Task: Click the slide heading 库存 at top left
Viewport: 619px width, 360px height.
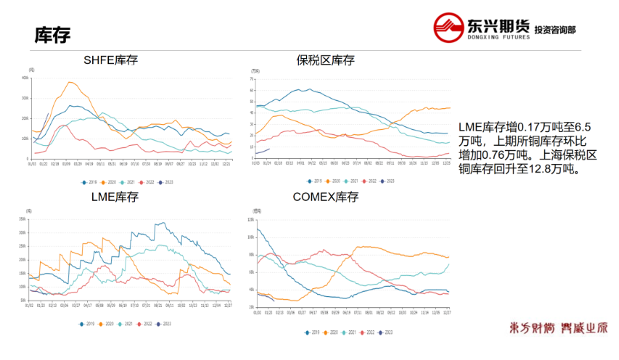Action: pyautogui.click(x=52, y=35)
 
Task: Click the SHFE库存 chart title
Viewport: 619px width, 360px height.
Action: pyautogui.click(x=110, y=60)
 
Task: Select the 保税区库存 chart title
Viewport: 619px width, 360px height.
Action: pyautogui.click(x=325, y=60)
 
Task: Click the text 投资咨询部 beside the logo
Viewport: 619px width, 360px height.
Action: pyautogui.click(x=555, y=30)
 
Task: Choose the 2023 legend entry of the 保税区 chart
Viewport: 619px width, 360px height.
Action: pyautogui.click(x=388, y=180)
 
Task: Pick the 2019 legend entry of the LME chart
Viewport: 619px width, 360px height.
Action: pyautogui.click(x=89, y=324)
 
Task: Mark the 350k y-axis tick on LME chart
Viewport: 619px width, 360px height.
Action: pyautogui.click(x=22, y=218)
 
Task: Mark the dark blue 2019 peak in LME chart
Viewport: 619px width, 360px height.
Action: pyautogui.click(x=163, y=224)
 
